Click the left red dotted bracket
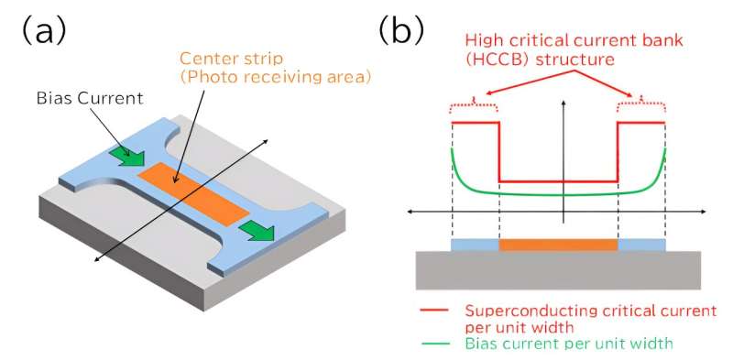pyautogui.click(x=475, y=107)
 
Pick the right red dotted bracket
pyautogui.click(x=640, y=107)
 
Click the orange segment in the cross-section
pyautogui.click(x=558, y=245)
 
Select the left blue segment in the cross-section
pyautogui.click(x=476, y=245)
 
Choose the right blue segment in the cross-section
pyautogui.click(x=641, y=245)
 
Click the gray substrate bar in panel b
pyautogui.click(x=558, y=269)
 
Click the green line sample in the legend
pyautogui.click(x=433, y=344)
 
